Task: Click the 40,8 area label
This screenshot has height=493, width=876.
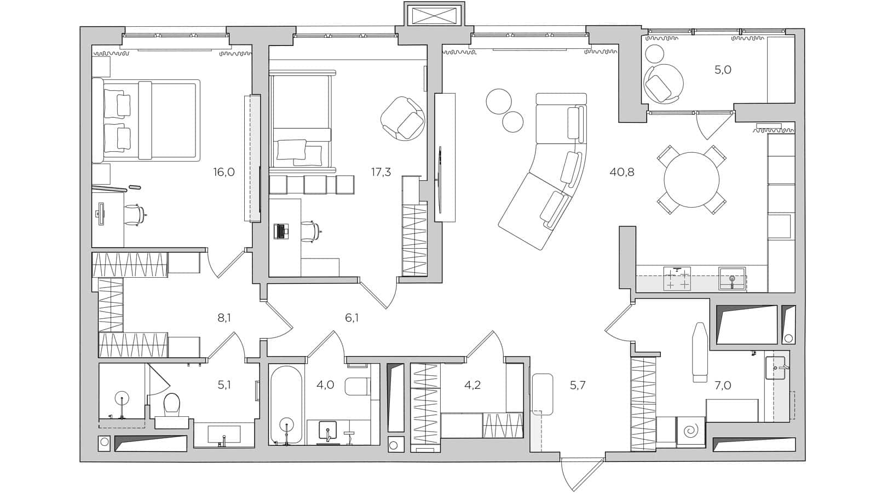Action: [622, 172]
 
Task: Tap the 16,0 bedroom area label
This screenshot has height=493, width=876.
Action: [224, 172]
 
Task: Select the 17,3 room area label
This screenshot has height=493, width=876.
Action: [381, 172]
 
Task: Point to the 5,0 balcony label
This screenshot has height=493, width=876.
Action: [723, 70]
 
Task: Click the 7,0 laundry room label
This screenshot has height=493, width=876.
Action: [723, 386]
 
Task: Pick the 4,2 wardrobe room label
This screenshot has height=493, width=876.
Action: [472, 385]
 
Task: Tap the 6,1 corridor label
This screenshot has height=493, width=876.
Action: [351, 318]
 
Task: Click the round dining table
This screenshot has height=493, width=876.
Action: [691, 179]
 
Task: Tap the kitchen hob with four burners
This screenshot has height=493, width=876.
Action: [677, 278]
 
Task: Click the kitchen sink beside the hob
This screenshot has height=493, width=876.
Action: [731, 278]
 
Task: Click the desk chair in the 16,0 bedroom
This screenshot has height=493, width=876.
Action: [135, 214]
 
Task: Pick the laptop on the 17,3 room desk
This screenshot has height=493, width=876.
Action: [281, 231]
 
